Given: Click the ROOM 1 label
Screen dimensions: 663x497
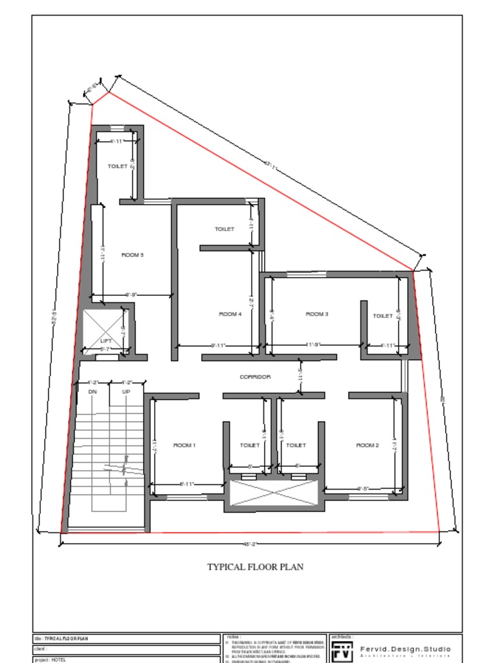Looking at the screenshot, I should click(184, 445).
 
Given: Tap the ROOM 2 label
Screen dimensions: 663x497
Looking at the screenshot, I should click(368, 445).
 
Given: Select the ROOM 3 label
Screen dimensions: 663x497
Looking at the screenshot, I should click(317, 314).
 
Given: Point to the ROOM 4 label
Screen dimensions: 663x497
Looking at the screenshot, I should click(230, 314).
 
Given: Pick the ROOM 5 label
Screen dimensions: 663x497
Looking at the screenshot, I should click(133, 255).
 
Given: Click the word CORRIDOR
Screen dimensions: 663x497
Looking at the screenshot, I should click(255, 377).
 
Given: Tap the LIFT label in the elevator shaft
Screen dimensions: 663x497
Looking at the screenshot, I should click(106, 341).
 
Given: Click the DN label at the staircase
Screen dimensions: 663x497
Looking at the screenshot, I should click(92, 392).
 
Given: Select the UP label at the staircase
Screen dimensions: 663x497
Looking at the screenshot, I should click(126, 392).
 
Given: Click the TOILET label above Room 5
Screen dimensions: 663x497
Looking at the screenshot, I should click(117, 166).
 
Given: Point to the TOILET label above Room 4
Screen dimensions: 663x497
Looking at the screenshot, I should click(224, 229).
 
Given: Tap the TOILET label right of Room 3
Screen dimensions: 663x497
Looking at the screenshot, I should click(382, 316).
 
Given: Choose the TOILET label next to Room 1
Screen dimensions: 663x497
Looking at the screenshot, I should click(250, 445).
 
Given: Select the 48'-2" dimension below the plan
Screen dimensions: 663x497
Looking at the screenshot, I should click(249, 545).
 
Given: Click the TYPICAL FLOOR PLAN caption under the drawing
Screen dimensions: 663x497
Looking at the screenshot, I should click(255, 567).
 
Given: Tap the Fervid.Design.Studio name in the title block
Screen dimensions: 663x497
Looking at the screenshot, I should click(405, 649).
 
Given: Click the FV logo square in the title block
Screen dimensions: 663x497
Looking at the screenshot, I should click(342, 651).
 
